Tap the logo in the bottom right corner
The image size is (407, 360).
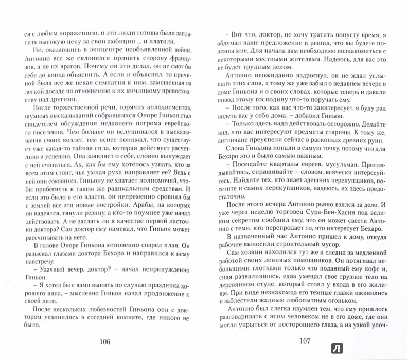click(x=394, y=347)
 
